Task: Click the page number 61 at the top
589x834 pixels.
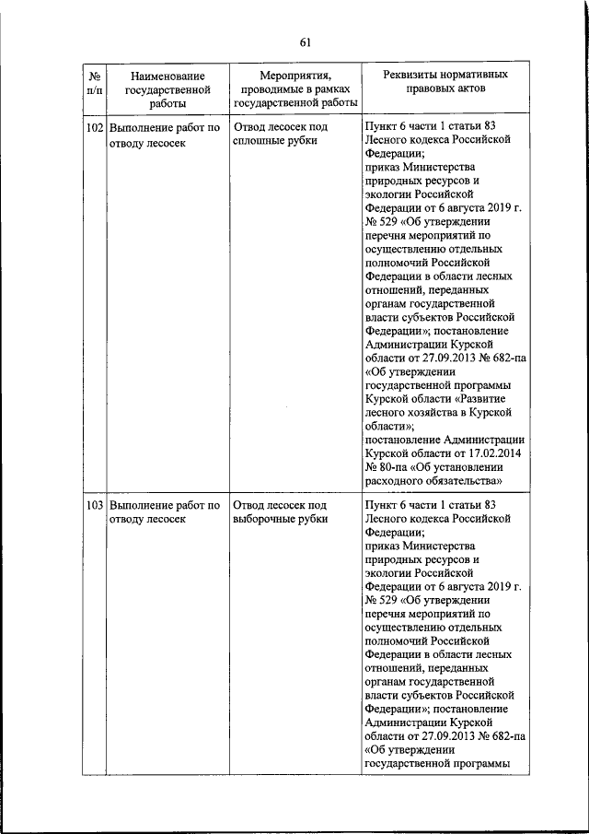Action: click(x=306, y=41)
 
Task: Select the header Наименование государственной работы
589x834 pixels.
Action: click(x=167, y=90)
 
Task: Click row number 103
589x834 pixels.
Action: click(x=94, y=505)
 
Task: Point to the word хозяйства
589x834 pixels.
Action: click(x=440, y=413)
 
